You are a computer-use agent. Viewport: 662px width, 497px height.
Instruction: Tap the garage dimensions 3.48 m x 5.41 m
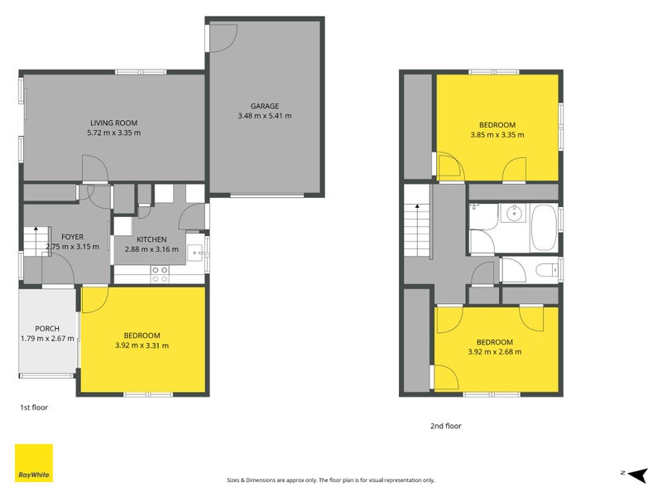click(265, 116)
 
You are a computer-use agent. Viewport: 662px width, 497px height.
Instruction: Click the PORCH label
click(47, 328)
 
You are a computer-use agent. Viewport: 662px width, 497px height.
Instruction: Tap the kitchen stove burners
click(159, 274)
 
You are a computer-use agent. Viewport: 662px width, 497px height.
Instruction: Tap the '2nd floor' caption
click(445, 426)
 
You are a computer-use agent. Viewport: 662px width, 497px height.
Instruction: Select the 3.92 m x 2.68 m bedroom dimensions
click(494, 352)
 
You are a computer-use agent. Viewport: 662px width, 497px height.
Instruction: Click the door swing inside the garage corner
click(222, 35)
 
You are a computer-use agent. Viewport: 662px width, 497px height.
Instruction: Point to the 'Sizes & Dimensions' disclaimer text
click(330, 480)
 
